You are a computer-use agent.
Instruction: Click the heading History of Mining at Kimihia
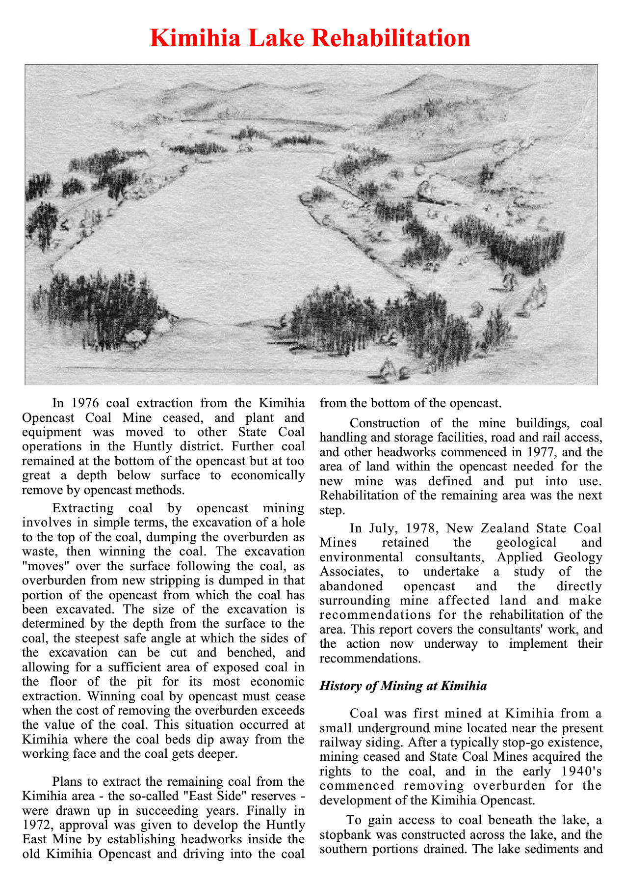click(403, 686)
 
